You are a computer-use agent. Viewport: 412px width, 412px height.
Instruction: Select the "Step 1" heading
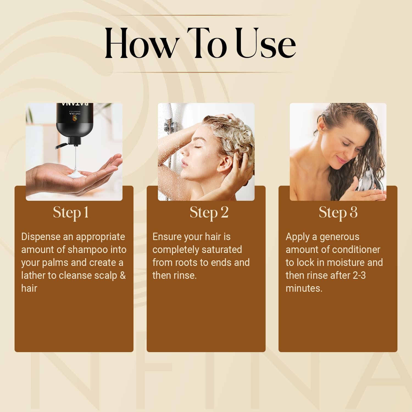71,213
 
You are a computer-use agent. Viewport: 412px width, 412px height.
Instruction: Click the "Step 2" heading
209,213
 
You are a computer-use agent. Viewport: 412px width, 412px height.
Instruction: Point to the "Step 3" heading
338,213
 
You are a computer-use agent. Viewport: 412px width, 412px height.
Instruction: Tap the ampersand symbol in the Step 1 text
123,275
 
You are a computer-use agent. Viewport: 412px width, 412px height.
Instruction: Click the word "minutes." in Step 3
304,288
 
